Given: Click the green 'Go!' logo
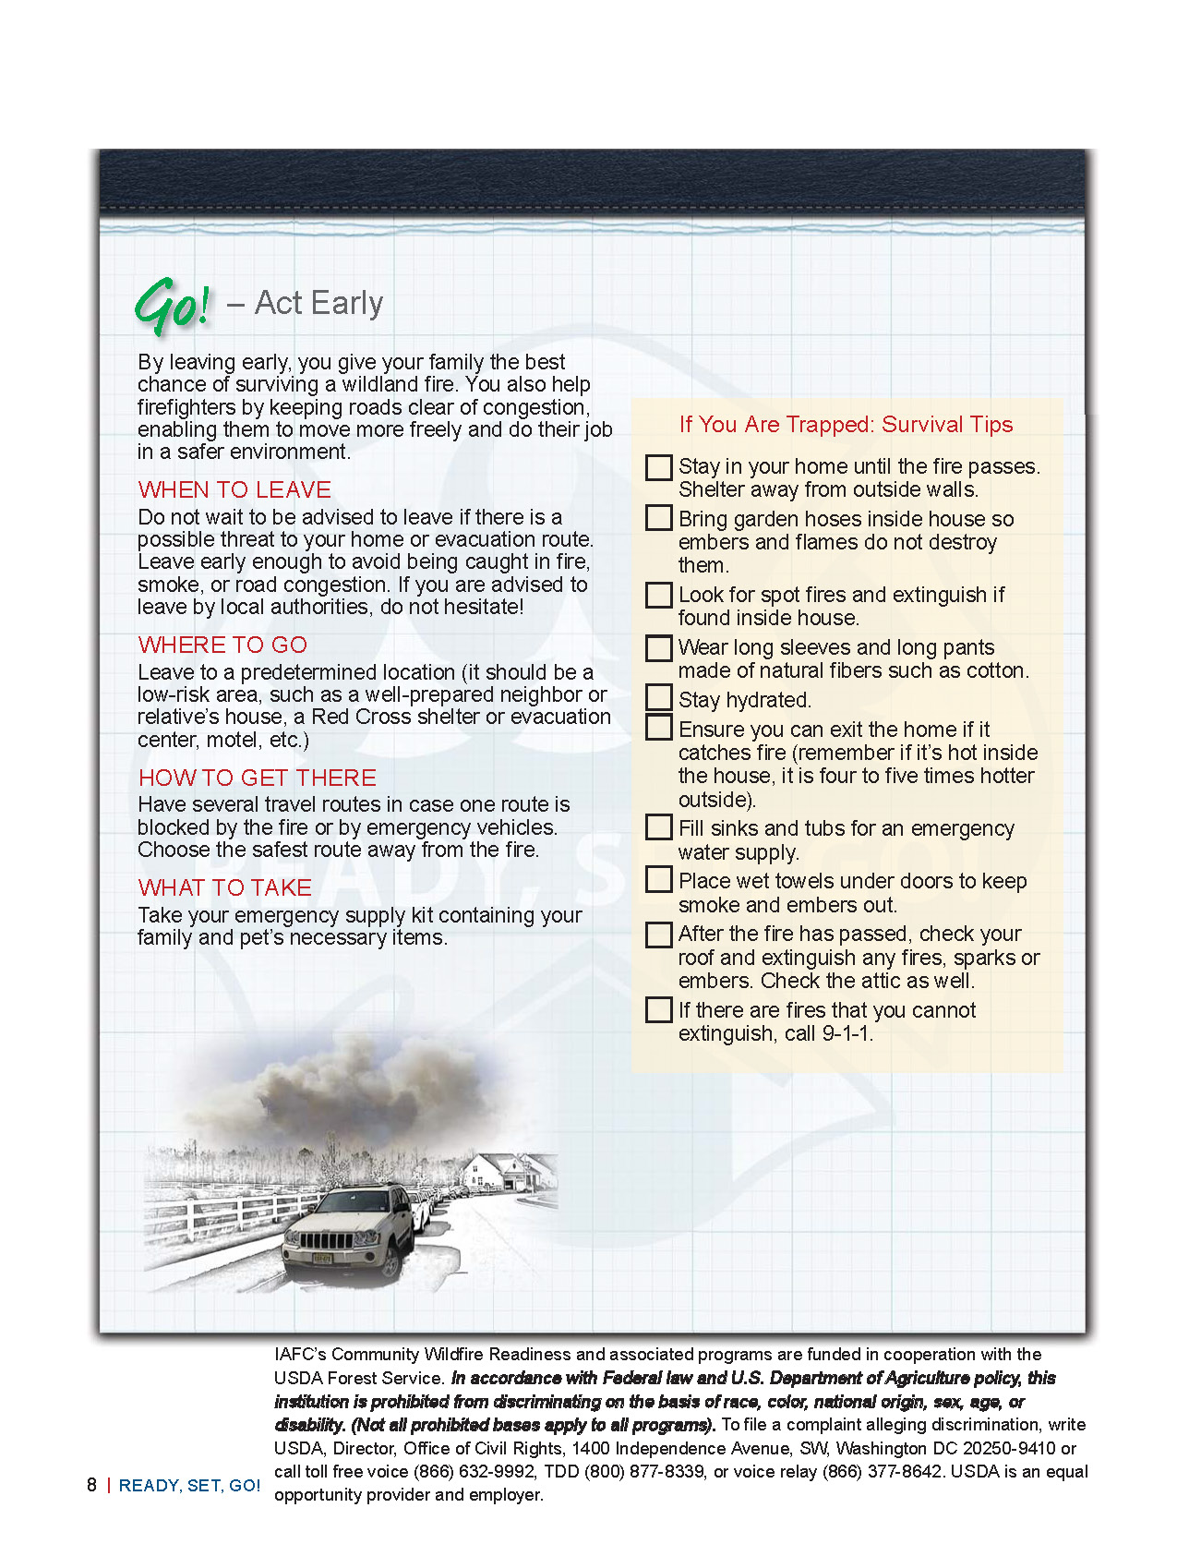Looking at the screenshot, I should tap(173, 305).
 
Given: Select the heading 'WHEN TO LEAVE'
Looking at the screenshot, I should tap(234, 489).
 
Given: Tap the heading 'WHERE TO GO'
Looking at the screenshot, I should tap(222, 645).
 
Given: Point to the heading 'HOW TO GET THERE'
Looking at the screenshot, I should tap(258, 778).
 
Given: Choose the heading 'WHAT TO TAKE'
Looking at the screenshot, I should tap(225, 887).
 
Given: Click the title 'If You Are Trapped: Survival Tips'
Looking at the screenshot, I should tap(846, 425).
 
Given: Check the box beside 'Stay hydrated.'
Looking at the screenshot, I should tap(658, 697).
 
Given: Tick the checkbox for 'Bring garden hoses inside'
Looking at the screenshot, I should tap(658, 517).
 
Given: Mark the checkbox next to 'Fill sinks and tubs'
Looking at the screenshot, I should tap(658, 826).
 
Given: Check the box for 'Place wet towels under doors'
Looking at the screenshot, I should tap(658, 879).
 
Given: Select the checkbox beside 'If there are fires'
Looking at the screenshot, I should tap(658, 1009).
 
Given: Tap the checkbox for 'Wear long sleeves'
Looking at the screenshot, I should tap(658, 647).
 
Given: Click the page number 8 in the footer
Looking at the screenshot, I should tap(91, 1485).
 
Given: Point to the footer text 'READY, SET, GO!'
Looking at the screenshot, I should tap(189, 1486).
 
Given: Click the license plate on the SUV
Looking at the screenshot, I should tap(323, 1257).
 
